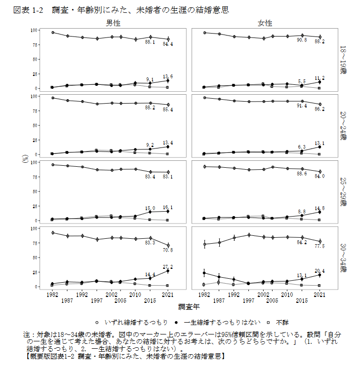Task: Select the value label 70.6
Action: point(168,250)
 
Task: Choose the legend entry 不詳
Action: point(282,322)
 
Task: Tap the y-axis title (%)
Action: point(25,158)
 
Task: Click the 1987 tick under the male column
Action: point(67,300)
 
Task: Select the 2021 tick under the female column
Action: point(320,295)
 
